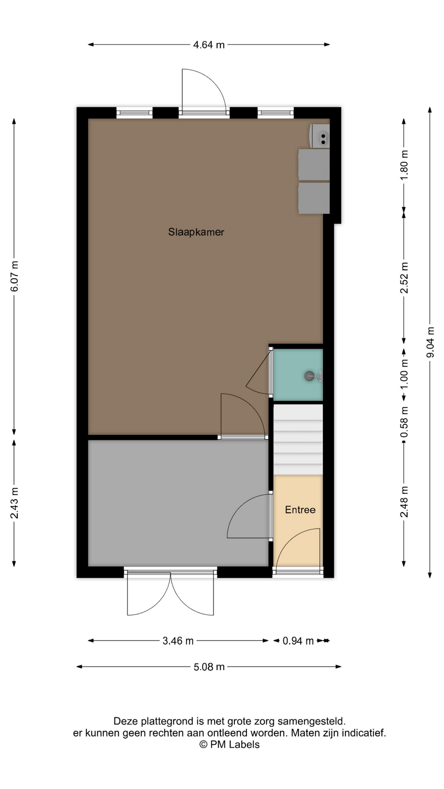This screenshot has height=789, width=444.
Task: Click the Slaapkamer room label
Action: (196, 232)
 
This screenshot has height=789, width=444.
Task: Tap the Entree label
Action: (300, 510)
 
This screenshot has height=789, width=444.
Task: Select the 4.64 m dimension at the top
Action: (209, 45)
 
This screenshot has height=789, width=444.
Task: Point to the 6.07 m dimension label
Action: (14, 276)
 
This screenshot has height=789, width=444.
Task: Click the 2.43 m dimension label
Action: (14, 503)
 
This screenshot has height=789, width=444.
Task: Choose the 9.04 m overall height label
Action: (430, 342)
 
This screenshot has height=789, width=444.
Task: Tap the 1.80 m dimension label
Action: (405, 164)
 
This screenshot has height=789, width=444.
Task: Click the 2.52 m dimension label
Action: (405, 278)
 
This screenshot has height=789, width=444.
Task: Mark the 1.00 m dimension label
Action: (405, 375)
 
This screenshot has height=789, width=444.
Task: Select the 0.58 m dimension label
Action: (405, 422)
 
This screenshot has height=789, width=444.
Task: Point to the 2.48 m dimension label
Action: (405, 502)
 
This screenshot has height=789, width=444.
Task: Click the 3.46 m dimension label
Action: (178, 641)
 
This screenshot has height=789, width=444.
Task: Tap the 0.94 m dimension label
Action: (298, 641)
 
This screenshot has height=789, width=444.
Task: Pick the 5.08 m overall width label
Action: (209, 667)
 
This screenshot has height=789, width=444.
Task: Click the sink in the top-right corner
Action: (320, 136)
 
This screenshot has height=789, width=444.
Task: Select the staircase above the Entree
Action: (298, 440)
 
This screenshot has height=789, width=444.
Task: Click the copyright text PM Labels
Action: (229, 745)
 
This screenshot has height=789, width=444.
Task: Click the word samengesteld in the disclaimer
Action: (311, 721)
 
